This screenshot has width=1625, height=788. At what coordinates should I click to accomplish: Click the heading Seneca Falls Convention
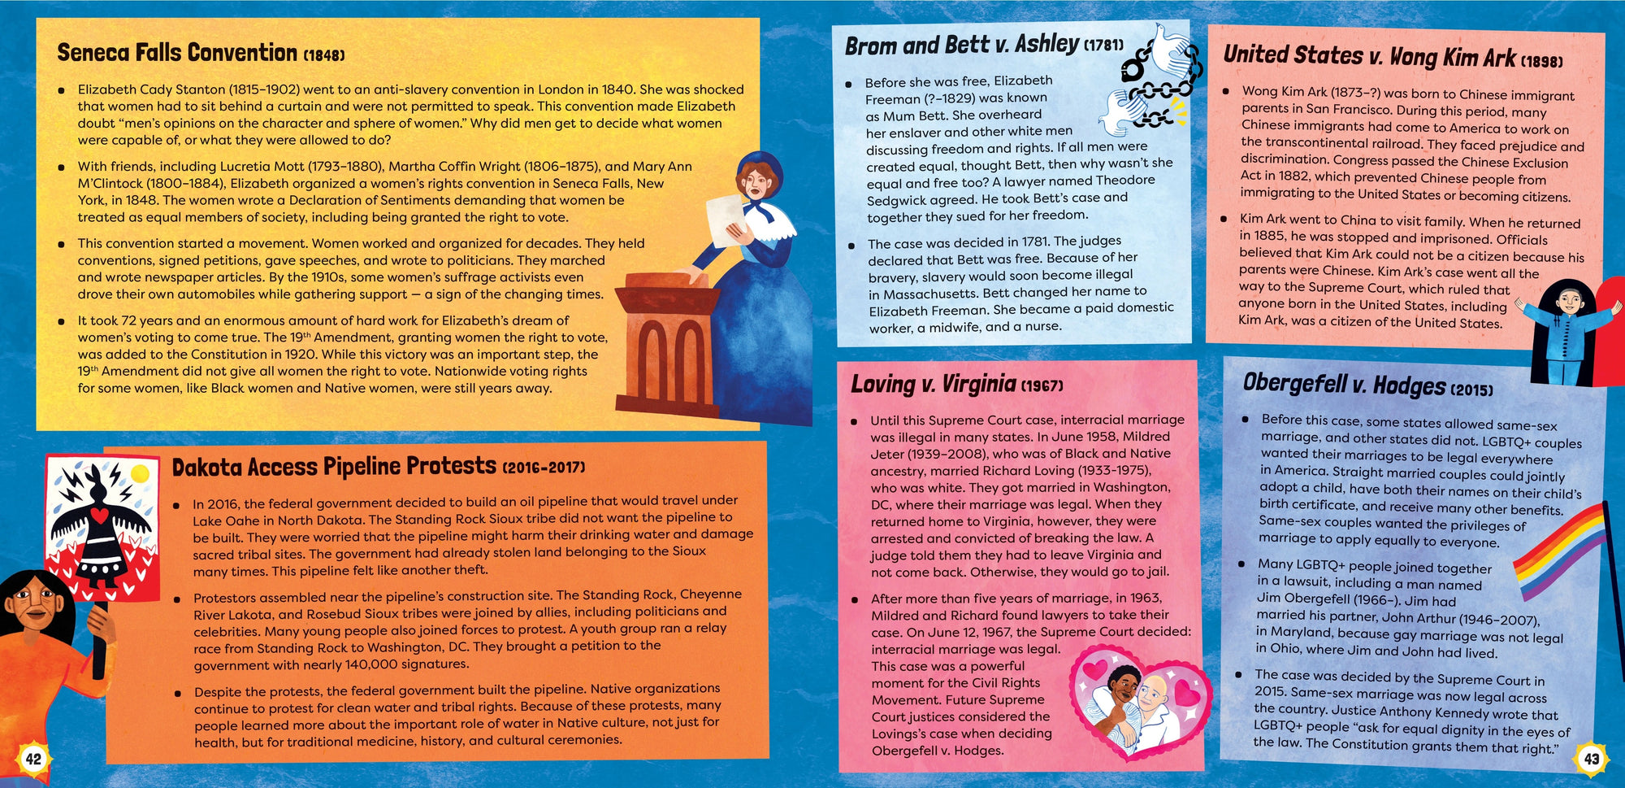pos(177,53)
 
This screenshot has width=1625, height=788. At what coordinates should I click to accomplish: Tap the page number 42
pos(33,760)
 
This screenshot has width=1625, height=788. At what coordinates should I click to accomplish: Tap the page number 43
pos(1591,760)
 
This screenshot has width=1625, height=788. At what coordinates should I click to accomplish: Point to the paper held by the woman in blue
pos(725,217)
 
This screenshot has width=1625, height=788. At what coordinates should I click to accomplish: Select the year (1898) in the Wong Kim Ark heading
pos(1541,61)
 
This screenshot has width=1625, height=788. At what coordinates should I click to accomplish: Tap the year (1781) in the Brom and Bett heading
pos(1104,46)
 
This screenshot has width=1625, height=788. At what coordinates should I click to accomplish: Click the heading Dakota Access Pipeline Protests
pos(333,467)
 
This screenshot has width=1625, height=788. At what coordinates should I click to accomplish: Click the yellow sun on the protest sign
pos(140,473)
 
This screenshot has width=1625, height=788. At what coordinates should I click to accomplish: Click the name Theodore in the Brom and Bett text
pos(1125,180)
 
